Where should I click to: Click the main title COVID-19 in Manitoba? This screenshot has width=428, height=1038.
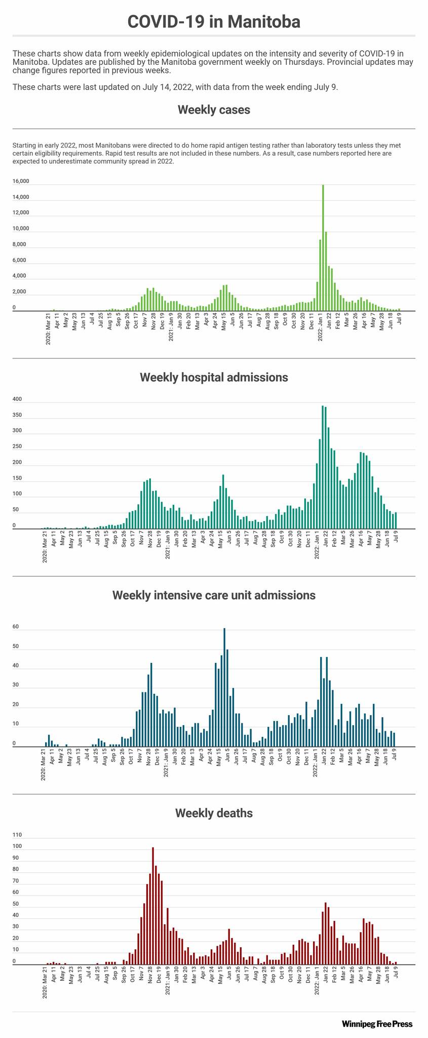click(x=214, y=22)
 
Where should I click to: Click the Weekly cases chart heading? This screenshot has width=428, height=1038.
click(x=214, y=109)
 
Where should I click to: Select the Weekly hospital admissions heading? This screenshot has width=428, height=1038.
click(x=214, y=377)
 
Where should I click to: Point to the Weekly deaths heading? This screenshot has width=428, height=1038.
click(x=214, y=813)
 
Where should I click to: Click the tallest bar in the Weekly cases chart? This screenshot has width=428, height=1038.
click(x=323, y=248)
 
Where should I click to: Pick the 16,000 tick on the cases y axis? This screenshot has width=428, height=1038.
click(x=21, y=181)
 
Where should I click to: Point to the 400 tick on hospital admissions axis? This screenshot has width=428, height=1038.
click(x=17, y=399)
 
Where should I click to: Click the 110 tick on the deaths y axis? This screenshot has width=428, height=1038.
click(x=17, y=835)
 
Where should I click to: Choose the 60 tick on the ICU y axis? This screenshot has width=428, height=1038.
click(x=16, y=627)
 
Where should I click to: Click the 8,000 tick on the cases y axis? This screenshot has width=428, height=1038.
click(x=21, y=245)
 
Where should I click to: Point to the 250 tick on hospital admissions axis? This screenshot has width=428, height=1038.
click(x=17, y=447)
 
